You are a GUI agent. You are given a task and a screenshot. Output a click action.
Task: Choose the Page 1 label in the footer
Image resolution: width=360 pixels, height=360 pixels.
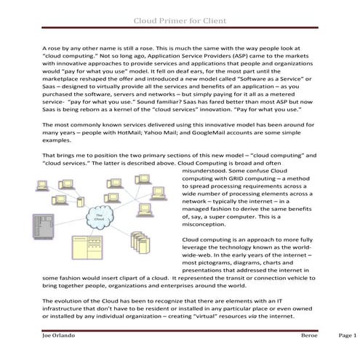tap(348, 337)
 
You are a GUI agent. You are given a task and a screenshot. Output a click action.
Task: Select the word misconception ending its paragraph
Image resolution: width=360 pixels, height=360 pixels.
tap(209, 225)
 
